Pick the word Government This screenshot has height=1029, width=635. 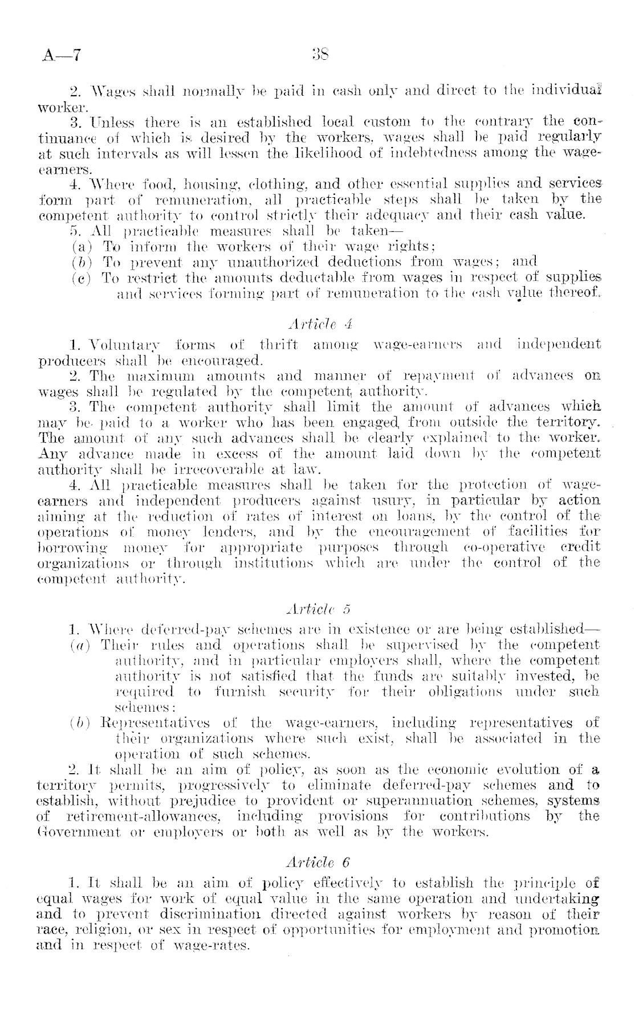pos(75,832)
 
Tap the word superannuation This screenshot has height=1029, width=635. pos(423,801)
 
